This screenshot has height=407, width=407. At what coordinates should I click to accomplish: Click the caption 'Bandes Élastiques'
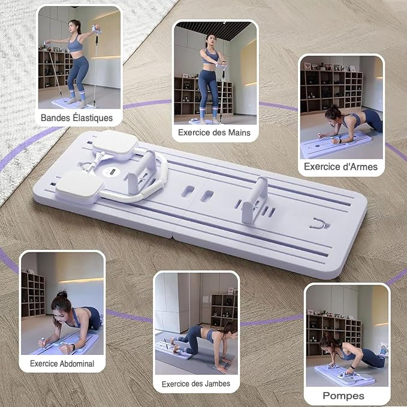point(77,118)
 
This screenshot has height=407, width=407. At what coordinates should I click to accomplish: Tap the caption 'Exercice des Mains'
point(214,132)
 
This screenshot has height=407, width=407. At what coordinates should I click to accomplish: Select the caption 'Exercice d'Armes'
point(340,167)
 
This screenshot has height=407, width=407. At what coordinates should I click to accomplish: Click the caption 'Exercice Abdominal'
point(62,363)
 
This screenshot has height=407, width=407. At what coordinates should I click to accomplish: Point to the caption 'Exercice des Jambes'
point(196,384)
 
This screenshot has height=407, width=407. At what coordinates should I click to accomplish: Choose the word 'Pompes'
point(343,396)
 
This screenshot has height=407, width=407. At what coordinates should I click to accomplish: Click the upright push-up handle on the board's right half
point(254,200)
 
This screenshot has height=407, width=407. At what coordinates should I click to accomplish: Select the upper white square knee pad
point(116,145)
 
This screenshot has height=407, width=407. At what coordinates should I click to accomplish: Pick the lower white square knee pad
point(80,188)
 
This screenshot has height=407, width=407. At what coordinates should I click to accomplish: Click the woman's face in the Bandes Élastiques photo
point(72,26)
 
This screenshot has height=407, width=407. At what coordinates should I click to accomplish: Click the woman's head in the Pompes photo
point(327,345)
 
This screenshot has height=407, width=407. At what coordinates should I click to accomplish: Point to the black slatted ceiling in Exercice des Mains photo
point(213,30)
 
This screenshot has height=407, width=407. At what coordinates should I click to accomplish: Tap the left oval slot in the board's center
point(188,191)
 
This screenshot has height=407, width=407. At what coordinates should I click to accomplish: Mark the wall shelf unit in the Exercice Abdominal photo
point(33,294)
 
